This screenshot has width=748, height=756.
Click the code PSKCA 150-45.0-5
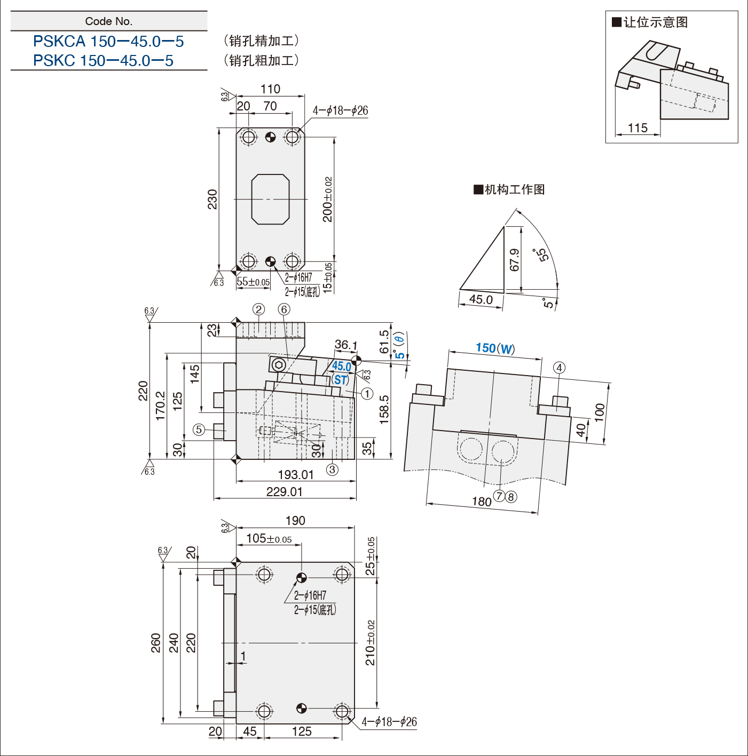click(108, 42)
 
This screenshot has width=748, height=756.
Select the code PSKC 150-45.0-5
click(103, 60)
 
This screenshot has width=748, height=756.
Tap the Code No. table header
click(109, 21)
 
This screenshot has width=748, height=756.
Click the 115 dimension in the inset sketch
click(637, 128)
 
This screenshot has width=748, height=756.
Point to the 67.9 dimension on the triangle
click(514, 260)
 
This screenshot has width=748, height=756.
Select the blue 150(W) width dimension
click(495, 348)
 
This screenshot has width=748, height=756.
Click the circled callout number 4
click(559, 368)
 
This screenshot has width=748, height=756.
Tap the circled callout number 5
click(199, 429)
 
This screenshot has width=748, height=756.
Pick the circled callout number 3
click(332, 469)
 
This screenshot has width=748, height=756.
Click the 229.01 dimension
click(284, 491)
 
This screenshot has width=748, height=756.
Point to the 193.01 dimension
click(296, 475)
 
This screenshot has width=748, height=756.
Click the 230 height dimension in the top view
click(212, 200)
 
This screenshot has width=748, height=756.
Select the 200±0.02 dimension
click(327, 200)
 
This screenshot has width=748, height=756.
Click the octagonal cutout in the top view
click(270, 200)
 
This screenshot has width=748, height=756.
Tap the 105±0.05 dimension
click(269, 539)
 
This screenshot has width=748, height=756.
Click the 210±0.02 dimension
click(371, 642)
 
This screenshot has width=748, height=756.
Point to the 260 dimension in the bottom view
click(156, 642)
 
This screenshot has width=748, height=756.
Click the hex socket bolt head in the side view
click(279, 365)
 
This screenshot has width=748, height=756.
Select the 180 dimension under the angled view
click(482, 502)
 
